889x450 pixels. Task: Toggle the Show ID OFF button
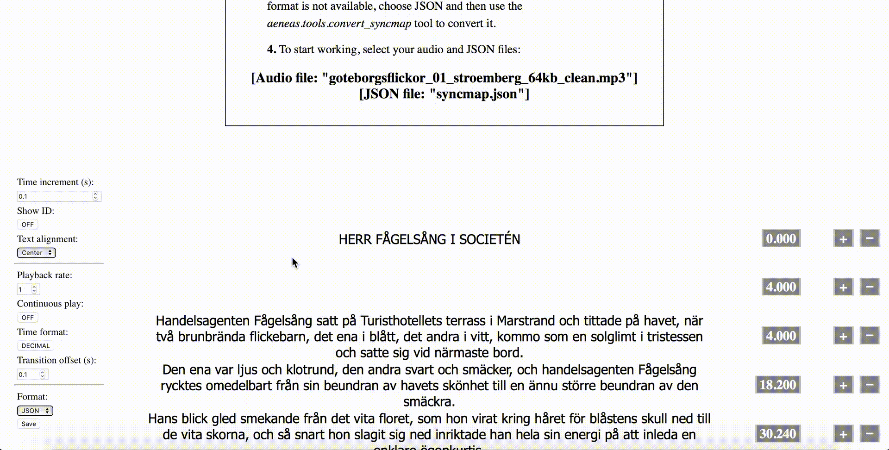(x=28, y=225)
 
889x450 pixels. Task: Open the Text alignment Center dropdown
(x=37, y=253)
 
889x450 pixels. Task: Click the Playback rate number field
(x=25, y=289)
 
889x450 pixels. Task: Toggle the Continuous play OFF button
(x=28, y=318)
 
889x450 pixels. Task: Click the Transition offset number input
(x=29, y=375)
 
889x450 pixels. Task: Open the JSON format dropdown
(x=35, y=411)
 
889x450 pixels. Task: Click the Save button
(x=29, y=424)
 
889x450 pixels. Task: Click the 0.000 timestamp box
(x=781, y=239)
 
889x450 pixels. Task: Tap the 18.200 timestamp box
(x=777, y=385)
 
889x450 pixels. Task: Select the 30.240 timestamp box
(x=777, y=434)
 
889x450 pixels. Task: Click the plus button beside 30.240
(x=843, y=434)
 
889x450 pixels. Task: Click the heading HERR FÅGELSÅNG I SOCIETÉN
(x=429, y=239)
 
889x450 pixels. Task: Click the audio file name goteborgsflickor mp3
(x=476, y=78)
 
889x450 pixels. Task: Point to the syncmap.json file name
(x=476, y=94)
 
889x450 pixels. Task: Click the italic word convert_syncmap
(x=369, y=24)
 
